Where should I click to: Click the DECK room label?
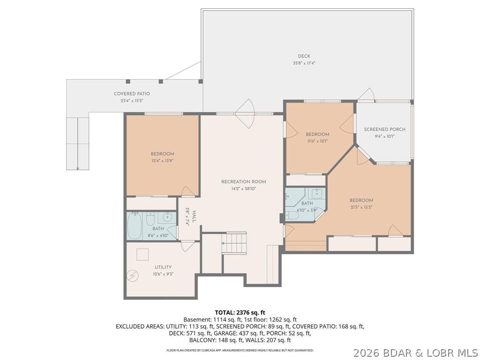pos(304,56)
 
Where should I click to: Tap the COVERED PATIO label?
pos(132,94)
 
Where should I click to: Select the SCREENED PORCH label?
pos(384,129)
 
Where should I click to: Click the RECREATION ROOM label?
pos(244,181)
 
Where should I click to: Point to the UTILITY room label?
pos(163,267)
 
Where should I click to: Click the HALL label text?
pos(194,217)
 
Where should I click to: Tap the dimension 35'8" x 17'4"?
pos(304,63)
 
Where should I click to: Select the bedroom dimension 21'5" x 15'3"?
pos(361,207)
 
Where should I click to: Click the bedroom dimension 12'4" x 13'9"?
pos(163,161)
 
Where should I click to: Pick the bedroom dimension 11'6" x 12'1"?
pos(317,141)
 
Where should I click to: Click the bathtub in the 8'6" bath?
pos(135,226)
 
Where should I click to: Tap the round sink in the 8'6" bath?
pos(167,217)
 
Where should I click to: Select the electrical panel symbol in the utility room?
pos(133,276)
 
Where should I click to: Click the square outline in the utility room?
pos(142,255)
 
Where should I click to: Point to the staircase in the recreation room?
pos(234,243)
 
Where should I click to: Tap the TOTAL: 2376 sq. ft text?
pos(240,313)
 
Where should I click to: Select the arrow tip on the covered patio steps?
pos(78,169)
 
